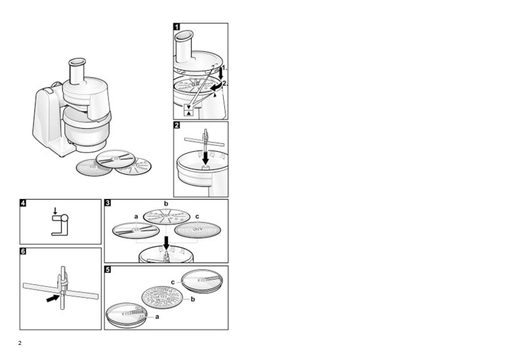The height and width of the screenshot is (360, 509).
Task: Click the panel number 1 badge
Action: point(177,27)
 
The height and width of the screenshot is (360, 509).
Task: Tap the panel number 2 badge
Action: point(177,125)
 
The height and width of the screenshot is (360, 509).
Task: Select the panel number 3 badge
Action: point(108,203)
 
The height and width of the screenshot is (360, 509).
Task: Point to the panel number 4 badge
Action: point(23,203)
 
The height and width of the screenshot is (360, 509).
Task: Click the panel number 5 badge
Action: point(108,269)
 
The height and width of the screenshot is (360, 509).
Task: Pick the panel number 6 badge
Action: point(23,251)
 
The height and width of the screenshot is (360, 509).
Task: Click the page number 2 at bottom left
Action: point(20,343)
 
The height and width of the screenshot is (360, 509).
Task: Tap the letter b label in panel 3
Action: point(166,204)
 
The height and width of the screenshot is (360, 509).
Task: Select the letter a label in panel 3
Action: point(136,217)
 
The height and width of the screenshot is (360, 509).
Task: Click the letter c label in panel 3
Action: point(197,216)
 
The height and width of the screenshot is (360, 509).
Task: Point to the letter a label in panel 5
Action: point(157,317)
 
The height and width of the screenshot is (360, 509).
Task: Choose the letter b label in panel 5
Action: point(193,299)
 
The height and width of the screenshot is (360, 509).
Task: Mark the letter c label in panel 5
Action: point(173,282)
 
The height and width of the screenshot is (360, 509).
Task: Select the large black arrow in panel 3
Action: point(166,243)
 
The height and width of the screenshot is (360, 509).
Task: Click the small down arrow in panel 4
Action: point(55,211)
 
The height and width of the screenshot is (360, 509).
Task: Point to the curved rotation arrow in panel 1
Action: point(217,86)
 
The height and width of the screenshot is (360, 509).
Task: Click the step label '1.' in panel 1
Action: point(225,68)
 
